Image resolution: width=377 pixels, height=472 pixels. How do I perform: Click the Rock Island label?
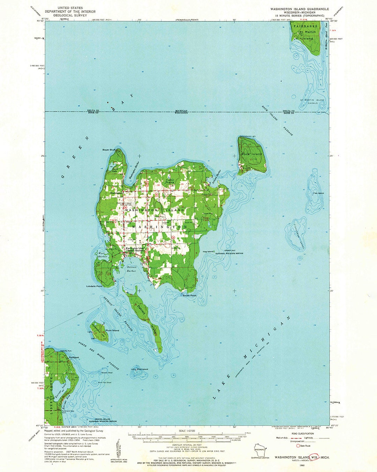pyautogui.click(x=252, y=154)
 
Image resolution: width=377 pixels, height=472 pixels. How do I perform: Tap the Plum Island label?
pyautogui.click(x=112, y=330)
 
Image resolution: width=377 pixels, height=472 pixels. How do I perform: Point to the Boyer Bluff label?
pyautogui.click(x=109, y=150)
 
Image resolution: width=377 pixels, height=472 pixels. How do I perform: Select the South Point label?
pyautogui.click(x=190, y=295)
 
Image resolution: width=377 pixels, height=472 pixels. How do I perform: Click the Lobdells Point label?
pyautogui.click(x=94, y=286)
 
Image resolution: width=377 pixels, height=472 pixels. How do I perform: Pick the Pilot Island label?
pyautogui.click(x=140, y=369)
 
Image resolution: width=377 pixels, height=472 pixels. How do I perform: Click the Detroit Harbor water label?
pyautogui.click(x=132, y=269)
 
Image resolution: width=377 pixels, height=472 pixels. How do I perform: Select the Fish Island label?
pyautogui.click(x=318, y=193)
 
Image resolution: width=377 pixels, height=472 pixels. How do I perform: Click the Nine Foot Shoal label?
pyautogui.click(x=104, y=382)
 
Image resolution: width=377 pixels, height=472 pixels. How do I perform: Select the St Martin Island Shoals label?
pyautogui.click(x=312, y=101)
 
